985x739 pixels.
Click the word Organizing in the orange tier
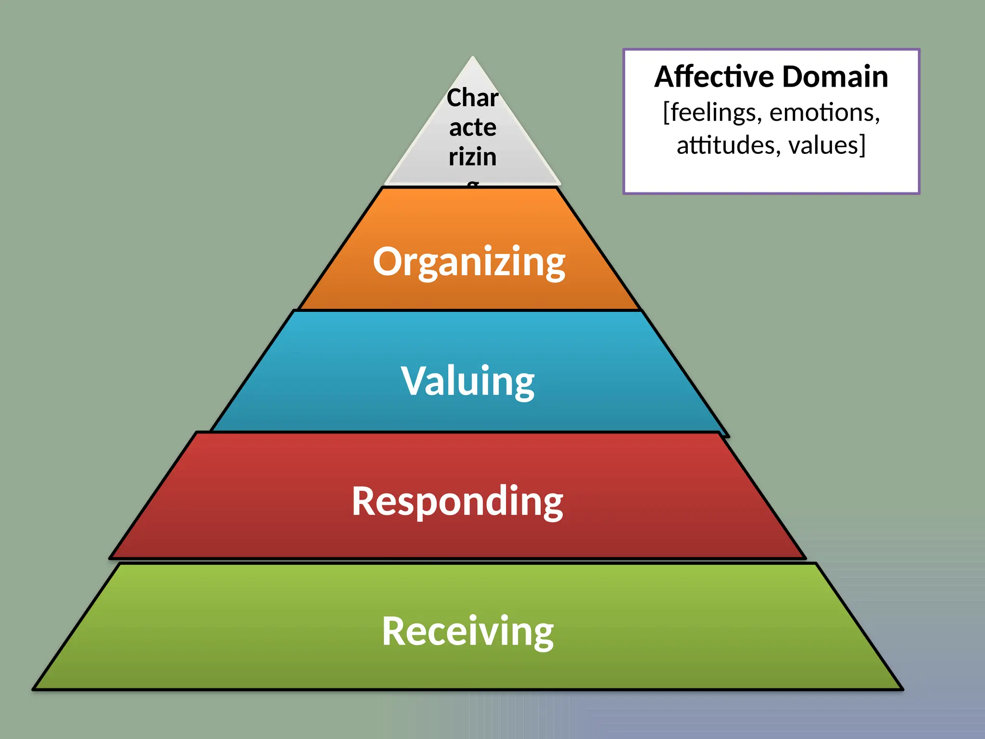coord(469,262)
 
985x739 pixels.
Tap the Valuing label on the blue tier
coord(467,381)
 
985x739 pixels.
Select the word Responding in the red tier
coord(457,501)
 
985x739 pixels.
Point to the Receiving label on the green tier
coord(467,631)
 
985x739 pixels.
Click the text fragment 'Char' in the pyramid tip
coord(472,98)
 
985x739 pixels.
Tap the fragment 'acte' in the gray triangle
coord(473,127)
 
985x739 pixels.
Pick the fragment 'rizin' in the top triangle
coord(473,157)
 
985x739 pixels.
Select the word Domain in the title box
coord(835,77)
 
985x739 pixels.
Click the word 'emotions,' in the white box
coord(825,113)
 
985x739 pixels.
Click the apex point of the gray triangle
coord(473,57)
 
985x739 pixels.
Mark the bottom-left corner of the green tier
coord(34,689)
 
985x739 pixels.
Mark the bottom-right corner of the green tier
coord(902,689)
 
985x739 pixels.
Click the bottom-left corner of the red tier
coord(111,558)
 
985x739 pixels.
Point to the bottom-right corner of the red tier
coord(805,558)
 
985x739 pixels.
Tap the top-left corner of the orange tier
coord(383,188)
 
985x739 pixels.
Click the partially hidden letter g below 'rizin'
coord(473,184)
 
